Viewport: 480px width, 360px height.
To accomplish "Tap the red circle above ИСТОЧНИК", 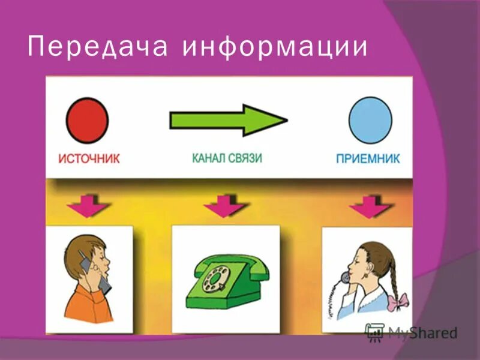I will pos(88,121).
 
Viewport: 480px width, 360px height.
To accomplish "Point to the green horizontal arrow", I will pos(229,120).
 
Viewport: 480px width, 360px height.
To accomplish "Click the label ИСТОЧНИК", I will pos(89,159).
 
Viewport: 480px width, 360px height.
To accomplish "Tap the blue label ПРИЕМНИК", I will pos(367,159).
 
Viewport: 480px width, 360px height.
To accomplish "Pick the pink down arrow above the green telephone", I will pos(225,205).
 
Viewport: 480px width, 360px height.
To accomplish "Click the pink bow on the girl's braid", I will pos(397,300).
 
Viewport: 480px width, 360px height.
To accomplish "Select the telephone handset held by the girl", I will pos(346,277).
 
